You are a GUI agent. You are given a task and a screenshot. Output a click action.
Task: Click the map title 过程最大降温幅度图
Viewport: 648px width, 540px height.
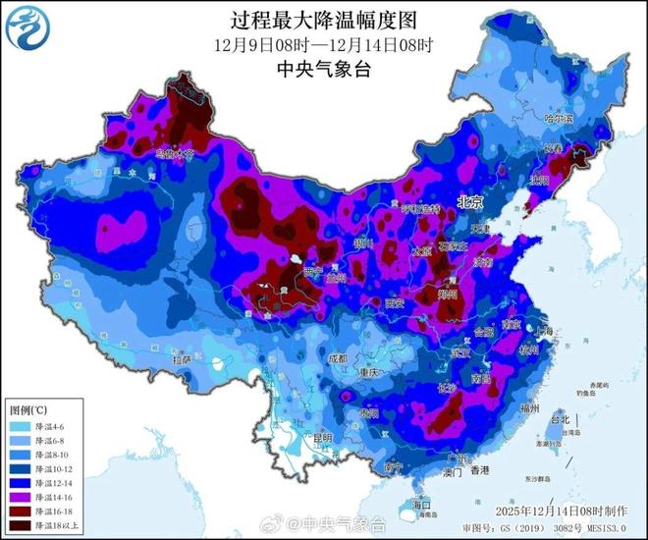tap(324, 20)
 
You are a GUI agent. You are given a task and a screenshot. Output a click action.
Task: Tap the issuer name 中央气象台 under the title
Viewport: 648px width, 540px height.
tap(324, 69)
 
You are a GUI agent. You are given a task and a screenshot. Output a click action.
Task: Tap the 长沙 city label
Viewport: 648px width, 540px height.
tap(447, 388)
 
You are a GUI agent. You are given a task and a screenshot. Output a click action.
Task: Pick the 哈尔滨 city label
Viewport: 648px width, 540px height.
tap(557, 118)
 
